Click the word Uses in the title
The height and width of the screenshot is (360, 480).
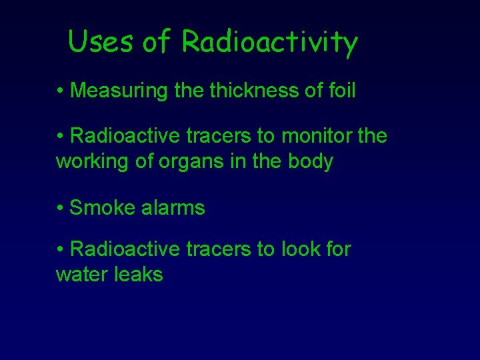click(101, 42)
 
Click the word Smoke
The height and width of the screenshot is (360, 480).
click(102, 208)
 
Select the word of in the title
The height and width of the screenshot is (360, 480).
click(157, 42)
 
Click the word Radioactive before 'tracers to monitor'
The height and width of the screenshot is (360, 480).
click(125, 137)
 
